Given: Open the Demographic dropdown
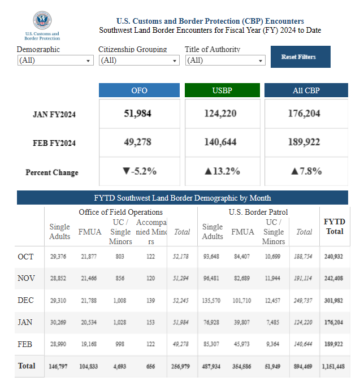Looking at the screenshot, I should pyautogui.click(x=55, y=60).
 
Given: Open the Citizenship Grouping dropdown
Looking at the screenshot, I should pyautogui.click(x=138, y=60).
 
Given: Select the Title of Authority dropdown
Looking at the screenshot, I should pyautogui.click(x=225, y=60).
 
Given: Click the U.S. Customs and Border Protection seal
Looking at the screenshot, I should pyautogui.click(x=42, y=21).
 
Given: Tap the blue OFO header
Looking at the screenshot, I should pyautogui.click(x=139, y=90).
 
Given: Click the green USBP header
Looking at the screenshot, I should pyautogui.click(x=222, y=90).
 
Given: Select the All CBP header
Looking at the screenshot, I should pyautogui.click(x=306, y=90).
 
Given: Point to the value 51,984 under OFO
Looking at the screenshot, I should pyautogui.click(x=138, y=114).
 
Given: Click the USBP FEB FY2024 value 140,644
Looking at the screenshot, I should pyautogui.click(x=220, y=142).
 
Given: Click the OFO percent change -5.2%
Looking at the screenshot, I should pyautogui.click(x=139, y=171).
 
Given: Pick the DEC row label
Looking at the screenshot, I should pyautogui.click(x=26, y=300).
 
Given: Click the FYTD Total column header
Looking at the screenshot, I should pyautogui.click(x=334, y=227).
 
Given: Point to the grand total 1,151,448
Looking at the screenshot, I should pyautogui.click(x=333, y=366).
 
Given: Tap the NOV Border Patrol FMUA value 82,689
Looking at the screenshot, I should pyautogui.click(x=242, y=279).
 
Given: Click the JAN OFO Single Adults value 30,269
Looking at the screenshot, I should pyautogui.click(x=59, y=322).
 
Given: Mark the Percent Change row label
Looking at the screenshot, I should pyautogui.click(x=52, y=172).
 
